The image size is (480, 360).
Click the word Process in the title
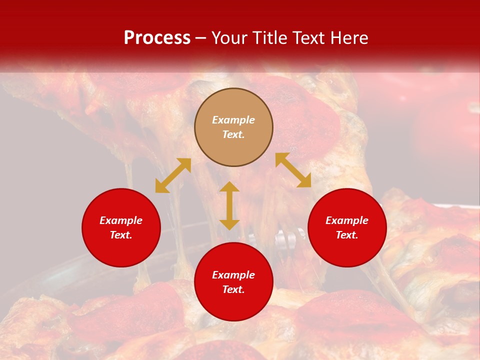coord(157,38)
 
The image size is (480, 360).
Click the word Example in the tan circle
coord(233,120)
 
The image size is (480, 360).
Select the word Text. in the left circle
coord(121,235)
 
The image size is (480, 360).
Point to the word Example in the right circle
coord(347,220)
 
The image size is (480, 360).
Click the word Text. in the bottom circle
coord(233,289)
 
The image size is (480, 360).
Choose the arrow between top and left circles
coord(173,175)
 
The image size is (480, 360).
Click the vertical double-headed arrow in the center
coord(229,205)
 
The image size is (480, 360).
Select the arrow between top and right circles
coord(293,170)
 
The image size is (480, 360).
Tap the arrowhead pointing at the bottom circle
coord(229,224)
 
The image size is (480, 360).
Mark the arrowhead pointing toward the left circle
coord(161,186)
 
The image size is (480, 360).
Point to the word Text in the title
coord(307,38)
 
